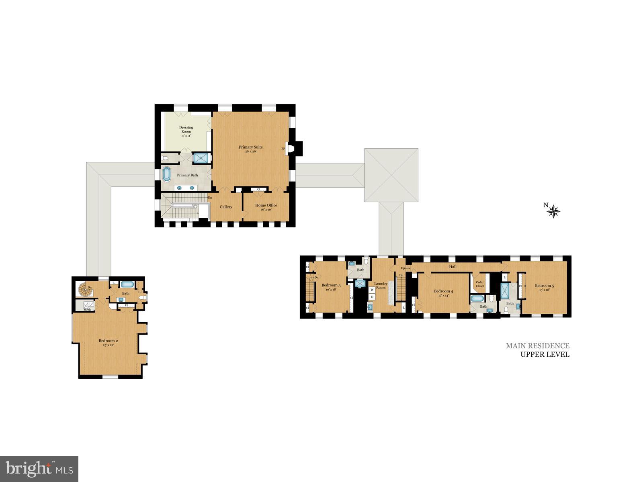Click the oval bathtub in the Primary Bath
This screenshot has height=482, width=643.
tap(166, 175)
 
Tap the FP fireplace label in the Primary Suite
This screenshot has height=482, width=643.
tap(283, 149)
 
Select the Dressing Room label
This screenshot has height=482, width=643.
tap(186, 129)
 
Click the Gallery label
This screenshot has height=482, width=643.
tap(226, 207)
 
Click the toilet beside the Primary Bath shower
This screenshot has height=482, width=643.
tap(165, 158)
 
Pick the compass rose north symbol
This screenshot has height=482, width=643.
tap(553, 210)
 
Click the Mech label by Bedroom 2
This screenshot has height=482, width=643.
tap(87, 310)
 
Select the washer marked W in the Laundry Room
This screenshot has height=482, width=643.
tap(372, 290)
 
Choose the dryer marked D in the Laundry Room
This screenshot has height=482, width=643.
tap(372, 297)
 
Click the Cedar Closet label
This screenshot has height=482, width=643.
tap(480, 284)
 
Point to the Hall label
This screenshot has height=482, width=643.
tap(453, 267)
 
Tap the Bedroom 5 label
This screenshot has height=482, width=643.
tap(544, 286)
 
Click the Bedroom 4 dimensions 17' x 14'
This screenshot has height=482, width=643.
tap(444, 296)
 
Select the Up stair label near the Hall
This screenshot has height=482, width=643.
tap(403, 268)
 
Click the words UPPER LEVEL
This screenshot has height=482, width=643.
tap(545, 354)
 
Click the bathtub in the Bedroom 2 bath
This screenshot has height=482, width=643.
tap(128, 284)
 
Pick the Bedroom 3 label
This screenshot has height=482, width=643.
tap(331, 286)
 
